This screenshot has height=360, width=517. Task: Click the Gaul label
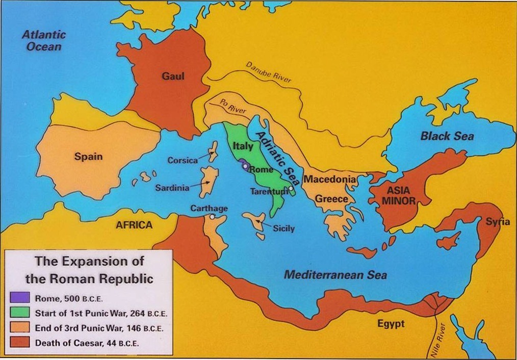(173, 76)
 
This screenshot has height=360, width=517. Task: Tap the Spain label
(88, 157)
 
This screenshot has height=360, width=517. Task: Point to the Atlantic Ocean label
(44, 41)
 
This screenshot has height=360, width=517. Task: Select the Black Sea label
(447, 136)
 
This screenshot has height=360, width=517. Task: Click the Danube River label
(269, 73)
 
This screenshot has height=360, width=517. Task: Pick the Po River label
(233, 106)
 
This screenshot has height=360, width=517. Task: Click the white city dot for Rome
(245, 166)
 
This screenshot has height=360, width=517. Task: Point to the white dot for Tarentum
(290, 189)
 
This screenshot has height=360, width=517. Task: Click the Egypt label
(391, 324)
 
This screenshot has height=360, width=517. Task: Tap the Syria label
(497, 222)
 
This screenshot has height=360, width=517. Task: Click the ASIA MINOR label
(399, 196)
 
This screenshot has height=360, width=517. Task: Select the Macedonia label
(329, 179)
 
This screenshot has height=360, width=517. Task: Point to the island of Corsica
(213, 151)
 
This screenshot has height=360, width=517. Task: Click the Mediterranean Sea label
(335, 275)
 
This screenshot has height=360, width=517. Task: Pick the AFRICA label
(134, 225)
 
